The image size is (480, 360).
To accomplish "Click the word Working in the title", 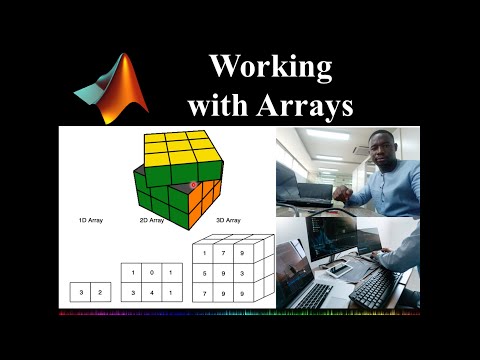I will [270, 67].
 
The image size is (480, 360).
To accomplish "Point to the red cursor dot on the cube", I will [194, 184].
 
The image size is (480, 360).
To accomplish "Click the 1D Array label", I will [91, 218].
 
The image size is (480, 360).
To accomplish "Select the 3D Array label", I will [227, 218].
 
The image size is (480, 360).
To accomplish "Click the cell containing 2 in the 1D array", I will [97, 293].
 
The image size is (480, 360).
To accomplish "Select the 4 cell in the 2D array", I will [149, 293].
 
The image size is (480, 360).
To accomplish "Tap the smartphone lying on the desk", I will [341, 268].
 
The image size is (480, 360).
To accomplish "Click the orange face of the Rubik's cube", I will [205, 196].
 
